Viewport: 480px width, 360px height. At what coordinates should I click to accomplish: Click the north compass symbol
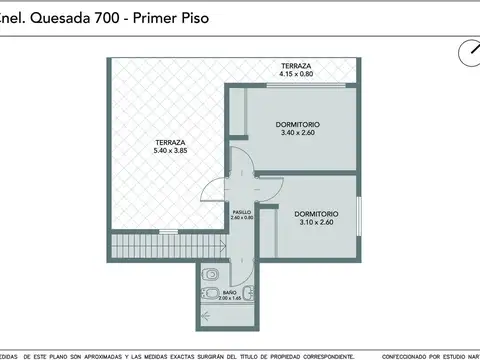(467, 51)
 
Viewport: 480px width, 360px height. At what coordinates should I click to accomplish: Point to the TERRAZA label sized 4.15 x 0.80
(297, 68)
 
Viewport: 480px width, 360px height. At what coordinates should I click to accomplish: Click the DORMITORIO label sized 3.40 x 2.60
(299, 127)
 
